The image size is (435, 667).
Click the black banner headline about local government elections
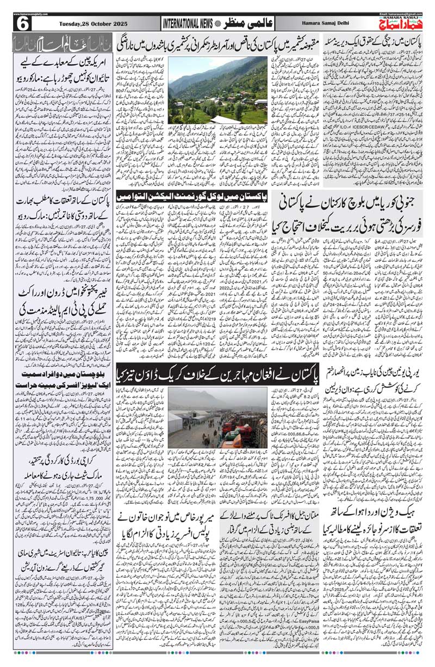(x=217, y=195)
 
